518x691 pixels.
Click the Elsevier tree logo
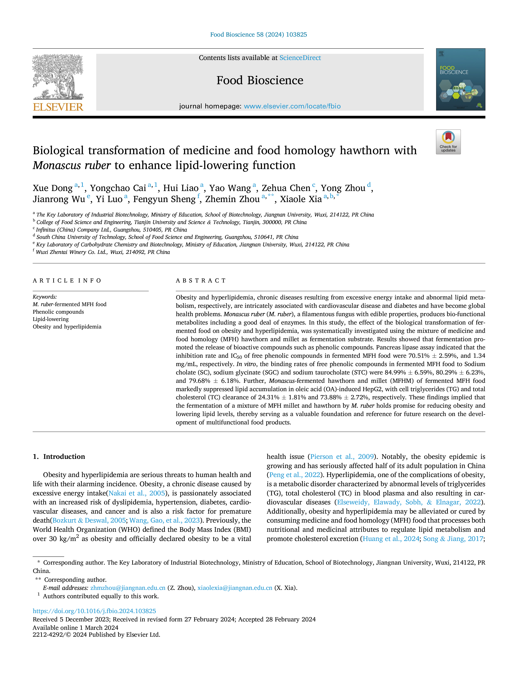(58, 77)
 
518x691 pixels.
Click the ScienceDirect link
(300, 58)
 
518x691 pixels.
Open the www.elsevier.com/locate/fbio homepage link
(292, 106)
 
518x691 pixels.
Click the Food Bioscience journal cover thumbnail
(461, 79)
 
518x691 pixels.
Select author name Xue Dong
(53, 188)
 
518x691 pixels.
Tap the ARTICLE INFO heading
(67, 281)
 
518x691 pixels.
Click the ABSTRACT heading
(201, 281)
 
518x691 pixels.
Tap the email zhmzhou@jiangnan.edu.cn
(128, 588)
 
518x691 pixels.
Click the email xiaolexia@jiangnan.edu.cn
(235, 588)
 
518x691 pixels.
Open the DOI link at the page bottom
(94, 611)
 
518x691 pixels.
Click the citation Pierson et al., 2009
(342, 457)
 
